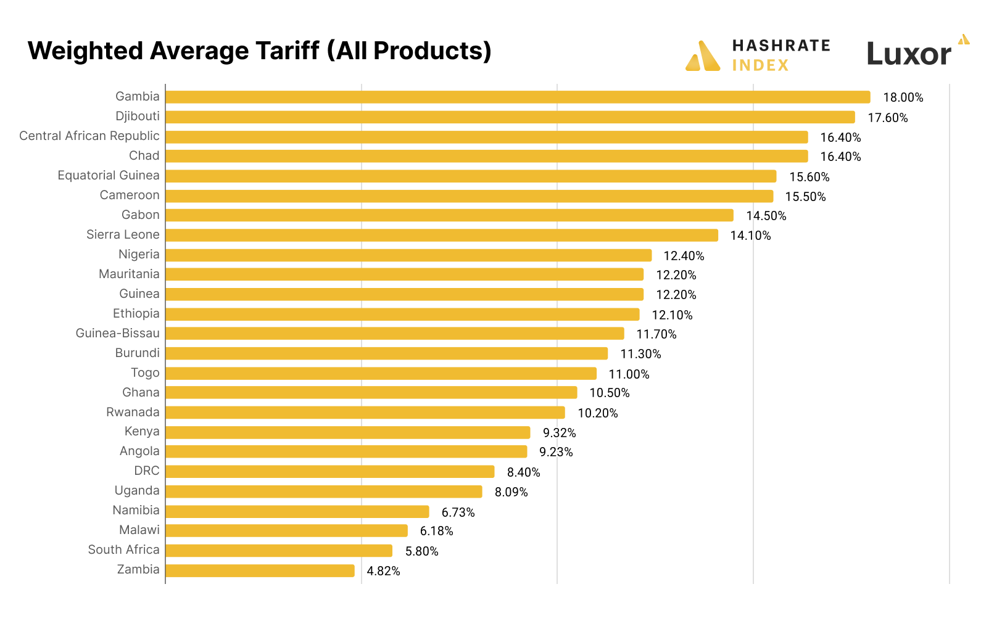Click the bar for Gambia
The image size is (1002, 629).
coord(518,97)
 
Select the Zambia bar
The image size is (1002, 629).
coord(260,571)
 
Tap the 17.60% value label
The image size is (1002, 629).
coord(887,118)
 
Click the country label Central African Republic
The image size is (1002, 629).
coord(89,136)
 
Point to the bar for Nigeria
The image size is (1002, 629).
coord(408,255)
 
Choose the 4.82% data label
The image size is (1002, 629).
coord(383,572)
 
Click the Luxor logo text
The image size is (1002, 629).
coord(908,55)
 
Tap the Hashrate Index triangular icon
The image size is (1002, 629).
coord(703,57)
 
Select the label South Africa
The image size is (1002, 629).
coord(123,550)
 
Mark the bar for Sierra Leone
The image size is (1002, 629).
coord(442,236)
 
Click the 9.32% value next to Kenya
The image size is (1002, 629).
coord(559,433)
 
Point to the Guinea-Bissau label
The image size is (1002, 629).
coord(117,334)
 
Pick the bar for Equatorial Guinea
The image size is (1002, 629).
coord(471,176)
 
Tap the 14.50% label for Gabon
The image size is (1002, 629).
coord(766,216)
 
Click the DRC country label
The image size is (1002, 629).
coord(147,471)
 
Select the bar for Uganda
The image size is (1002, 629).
coord(324,492)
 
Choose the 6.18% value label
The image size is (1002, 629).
coord(436,532)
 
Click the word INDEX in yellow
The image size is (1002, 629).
coord(760,65)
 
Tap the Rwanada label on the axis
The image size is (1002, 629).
coord(133,413)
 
